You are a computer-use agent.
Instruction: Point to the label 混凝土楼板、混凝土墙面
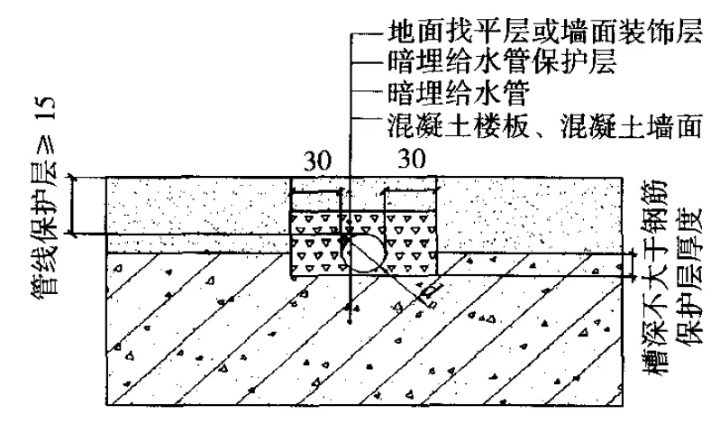click(x=542, y=125)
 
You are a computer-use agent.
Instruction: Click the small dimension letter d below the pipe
click(x=432, y=291)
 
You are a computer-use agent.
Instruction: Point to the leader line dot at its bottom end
click(x=349, y=321)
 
